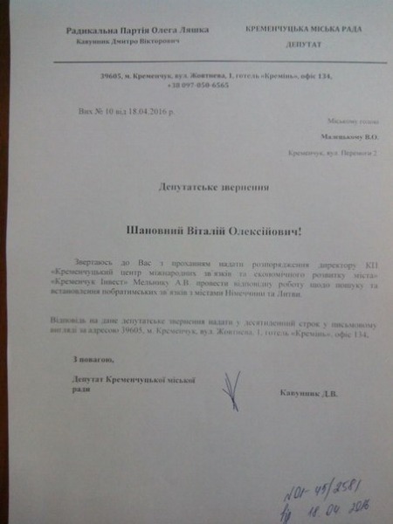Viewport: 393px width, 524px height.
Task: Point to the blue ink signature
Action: (x=233, y=390)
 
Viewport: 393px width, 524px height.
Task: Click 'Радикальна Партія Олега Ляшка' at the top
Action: (x=137, y=29)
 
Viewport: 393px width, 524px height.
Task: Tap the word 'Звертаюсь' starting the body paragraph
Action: (x=103, y=263)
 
